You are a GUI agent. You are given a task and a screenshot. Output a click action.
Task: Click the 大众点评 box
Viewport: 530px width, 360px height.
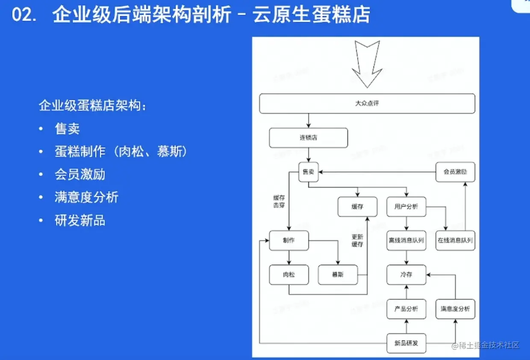(367, 103)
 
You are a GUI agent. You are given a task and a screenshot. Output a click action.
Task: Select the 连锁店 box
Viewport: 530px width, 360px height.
(308, 138)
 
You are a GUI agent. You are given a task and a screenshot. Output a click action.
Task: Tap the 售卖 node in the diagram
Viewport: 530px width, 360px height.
(308, 172)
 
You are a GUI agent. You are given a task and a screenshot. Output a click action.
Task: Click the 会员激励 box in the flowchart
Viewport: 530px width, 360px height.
(455, 172)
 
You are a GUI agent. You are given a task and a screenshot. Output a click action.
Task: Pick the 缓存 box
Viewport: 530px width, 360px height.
(357, 207)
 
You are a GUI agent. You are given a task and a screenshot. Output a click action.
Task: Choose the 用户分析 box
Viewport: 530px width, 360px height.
(406, 207)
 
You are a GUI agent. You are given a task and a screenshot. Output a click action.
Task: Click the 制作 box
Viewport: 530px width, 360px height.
(289, 240)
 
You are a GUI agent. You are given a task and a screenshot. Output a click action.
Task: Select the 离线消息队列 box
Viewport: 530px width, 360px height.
(406, 240)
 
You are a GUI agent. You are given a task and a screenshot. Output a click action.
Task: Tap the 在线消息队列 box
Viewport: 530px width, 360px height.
(455, 240)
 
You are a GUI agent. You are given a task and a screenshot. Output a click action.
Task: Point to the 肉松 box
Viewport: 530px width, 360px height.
(289, 274)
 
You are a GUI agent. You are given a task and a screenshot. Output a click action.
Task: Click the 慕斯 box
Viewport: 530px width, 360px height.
(338, 274)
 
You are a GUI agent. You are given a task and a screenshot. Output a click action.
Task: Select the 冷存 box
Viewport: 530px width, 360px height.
(406, 274)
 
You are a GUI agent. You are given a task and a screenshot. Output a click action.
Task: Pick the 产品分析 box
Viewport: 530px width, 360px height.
(406, 309)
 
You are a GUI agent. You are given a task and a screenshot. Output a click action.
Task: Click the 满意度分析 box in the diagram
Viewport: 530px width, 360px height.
(455, 309)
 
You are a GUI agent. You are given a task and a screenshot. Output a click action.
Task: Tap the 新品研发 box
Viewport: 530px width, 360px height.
(406, 343)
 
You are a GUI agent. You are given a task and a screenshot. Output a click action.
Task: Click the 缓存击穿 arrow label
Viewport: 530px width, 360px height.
(279, 201)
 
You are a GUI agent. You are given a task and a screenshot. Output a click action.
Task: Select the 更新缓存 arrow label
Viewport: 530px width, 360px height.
(357, 241)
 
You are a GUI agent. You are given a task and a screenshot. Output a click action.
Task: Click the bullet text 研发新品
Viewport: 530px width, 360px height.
(80, 221)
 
